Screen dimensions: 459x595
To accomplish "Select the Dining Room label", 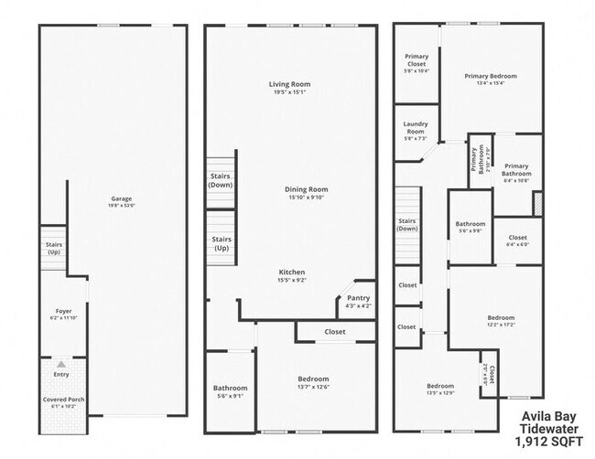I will (x=307, y=189).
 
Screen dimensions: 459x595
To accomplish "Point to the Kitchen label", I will (x=292, y=272).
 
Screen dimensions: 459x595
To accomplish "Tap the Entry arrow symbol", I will (x=61, y=364).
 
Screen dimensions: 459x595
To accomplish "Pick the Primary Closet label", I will (x=416, y=61).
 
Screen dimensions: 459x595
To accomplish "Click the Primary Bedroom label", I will (x=491, y=76).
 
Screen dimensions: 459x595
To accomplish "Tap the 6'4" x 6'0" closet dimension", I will (x=517, y=245).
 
